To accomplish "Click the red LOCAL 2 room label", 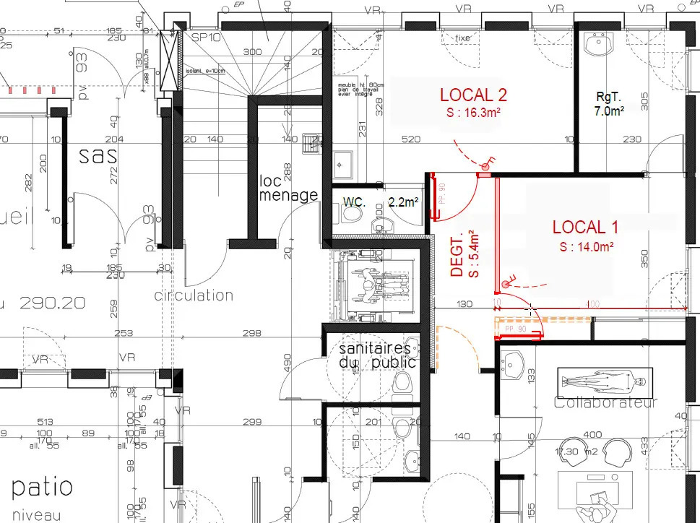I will pyautogui.click(x=473, y=94).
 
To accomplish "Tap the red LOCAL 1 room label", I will pyautogui.click(x=585, y=227).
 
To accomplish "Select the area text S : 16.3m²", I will pyautogui.click(x=473, y=113).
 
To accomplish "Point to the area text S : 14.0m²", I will pyautogui.click(x=586, y=246).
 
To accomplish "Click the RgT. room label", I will pyautogui.click(x=608, y=96).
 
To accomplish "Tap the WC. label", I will pyautogui.click(x=355, y=202).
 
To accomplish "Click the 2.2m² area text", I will pyautogui.click(x=403, y=202).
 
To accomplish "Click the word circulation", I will pyautogui.click(x=194, y=295).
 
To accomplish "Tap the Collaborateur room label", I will pyautogui.click(x=605, y=402).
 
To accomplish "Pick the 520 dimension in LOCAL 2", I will pyautogui.click(x=411, y=139).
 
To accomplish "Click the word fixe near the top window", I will pyautogui.click(x=462, y=38).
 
